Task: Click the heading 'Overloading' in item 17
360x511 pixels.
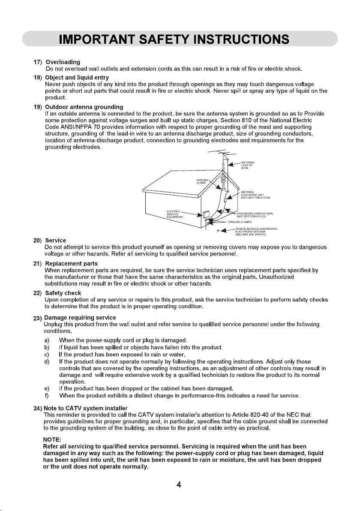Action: point(63,62)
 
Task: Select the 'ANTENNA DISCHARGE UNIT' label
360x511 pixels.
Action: point(254,195)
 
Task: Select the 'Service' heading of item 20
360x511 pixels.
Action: point(55,240)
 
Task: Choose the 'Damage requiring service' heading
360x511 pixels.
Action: point(80,318)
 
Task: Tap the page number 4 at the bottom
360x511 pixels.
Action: point(180,485)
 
